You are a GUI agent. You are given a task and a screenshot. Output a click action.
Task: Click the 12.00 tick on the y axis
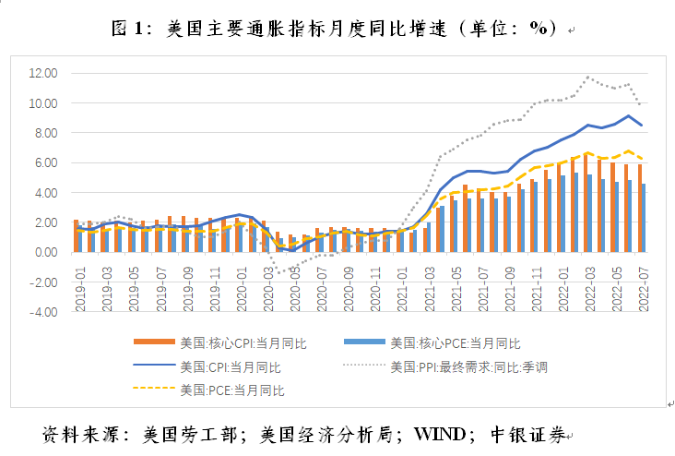43,73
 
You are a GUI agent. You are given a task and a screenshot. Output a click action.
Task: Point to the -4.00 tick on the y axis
43,312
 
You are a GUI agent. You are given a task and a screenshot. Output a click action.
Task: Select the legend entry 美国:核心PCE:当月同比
453,343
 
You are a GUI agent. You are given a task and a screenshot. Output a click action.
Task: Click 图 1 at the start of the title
129,28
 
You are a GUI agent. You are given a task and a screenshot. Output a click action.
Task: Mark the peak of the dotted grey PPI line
587,77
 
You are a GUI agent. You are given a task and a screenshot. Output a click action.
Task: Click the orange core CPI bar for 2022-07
639,208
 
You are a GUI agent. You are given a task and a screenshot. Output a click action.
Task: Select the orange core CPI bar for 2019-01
76,235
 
